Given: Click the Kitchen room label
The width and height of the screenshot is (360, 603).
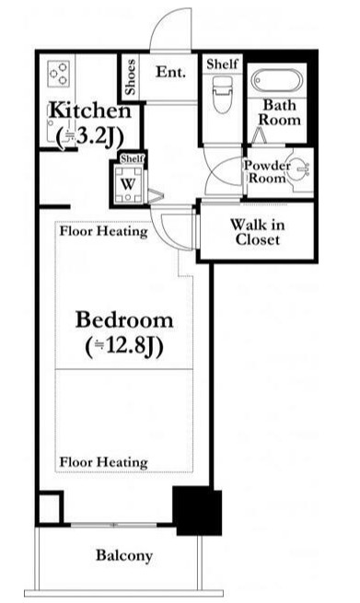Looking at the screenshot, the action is (90, 110).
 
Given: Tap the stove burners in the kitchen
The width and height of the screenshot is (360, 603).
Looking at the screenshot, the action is (59, 74).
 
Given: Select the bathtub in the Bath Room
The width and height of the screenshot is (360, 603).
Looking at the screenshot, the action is (277, 80).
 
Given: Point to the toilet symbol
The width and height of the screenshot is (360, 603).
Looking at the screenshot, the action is (223, 94).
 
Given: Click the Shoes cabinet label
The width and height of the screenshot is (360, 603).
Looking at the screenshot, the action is (131, 77).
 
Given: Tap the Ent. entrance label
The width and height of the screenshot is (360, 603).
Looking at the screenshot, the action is (170, 72).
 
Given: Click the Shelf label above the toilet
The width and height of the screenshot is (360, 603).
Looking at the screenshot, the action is (222, 64).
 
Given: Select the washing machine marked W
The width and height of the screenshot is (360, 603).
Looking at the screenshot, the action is (128, 184).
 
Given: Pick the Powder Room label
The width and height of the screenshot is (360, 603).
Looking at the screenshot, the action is (267, 172).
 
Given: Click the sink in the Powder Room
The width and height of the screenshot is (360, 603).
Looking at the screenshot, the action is (300, 169).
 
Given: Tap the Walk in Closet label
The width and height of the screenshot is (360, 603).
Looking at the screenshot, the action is (257, 232).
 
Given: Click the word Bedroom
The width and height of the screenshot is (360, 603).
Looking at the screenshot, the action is (124, 320).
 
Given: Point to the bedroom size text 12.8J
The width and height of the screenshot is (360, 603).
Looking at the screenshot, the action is (124, 346).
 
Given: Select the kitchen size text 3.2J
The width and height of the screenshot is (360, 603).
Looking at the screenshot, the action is (90, 136).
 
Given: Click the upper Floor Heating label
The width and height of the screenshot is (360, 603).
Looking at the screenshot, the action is (103, 231).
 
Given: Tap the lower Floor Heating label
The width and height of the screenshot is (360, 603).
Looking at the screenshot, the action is (103, 462).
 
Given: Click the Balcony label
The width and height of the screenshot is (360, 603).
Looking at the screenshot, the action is (124, 556).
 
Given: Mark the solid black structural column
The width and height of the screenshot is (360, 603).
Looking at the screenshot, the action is (197, 511).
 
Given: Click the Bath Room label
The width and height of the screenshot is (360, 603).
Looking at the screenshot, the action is (280, 112).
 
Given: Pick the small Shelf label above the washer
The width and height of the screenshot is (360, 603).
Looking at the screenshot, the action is (132, 158).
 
